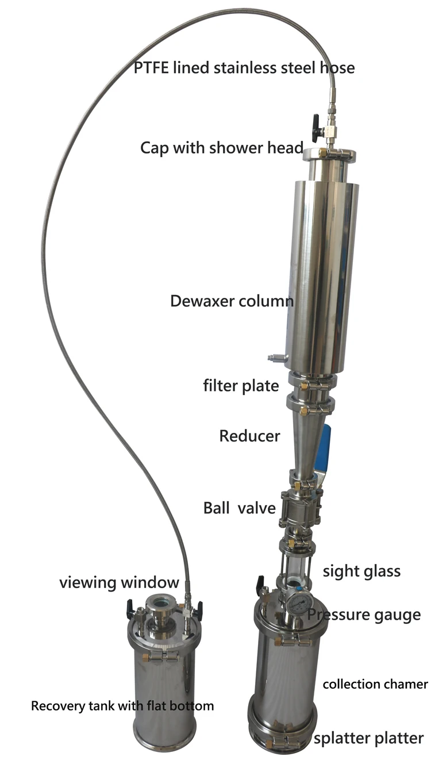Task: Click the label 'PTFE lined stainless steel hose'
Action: point(244,68)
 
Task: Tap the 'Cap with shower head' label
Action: point(222,148)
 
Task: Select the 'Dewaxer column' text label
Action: point(232,301)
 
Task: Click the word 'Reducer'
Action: point(249,436)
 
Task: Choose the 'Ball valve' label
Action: point(240,508)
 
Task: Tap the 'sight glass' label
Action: point(361,571)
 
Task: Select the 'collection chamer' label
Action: point(375,684)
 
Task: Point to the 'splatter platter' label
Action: point(369,738)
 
